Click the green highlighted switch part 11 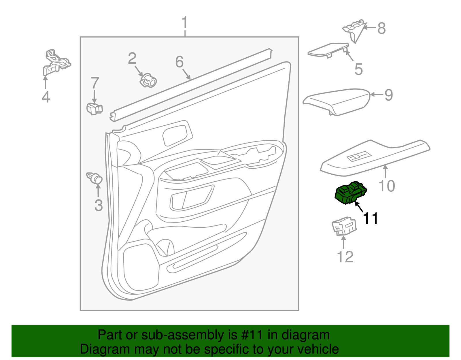pyautogui.click(x=350, y=192)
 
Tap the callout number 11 pyautogui.click(x=371, y=218)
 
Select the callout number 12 pyautogui.click(x=345, y=257)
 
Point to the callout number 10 pyautogui.click(x=387, y=186)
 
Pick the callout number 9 pyautogui.click(x=389, y=95)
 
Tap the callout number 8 pyautogui.click(x=381, y=28)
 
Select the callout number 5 pyautogui.click(x=358, y=69)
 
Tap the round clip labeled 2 pyautogui.click(x=148, y=81)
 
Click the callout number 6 pyautogui.click(x=179, y=62)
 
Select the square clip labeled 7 pyautogui.click(x=94, y=109)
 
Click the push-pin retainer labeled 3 pyautogui.click(x=95, y=178)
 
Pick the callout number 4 pyautogui.click(x=46, y=97)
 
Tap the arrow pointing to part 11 pyautogui.click(x=359, y=207)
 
